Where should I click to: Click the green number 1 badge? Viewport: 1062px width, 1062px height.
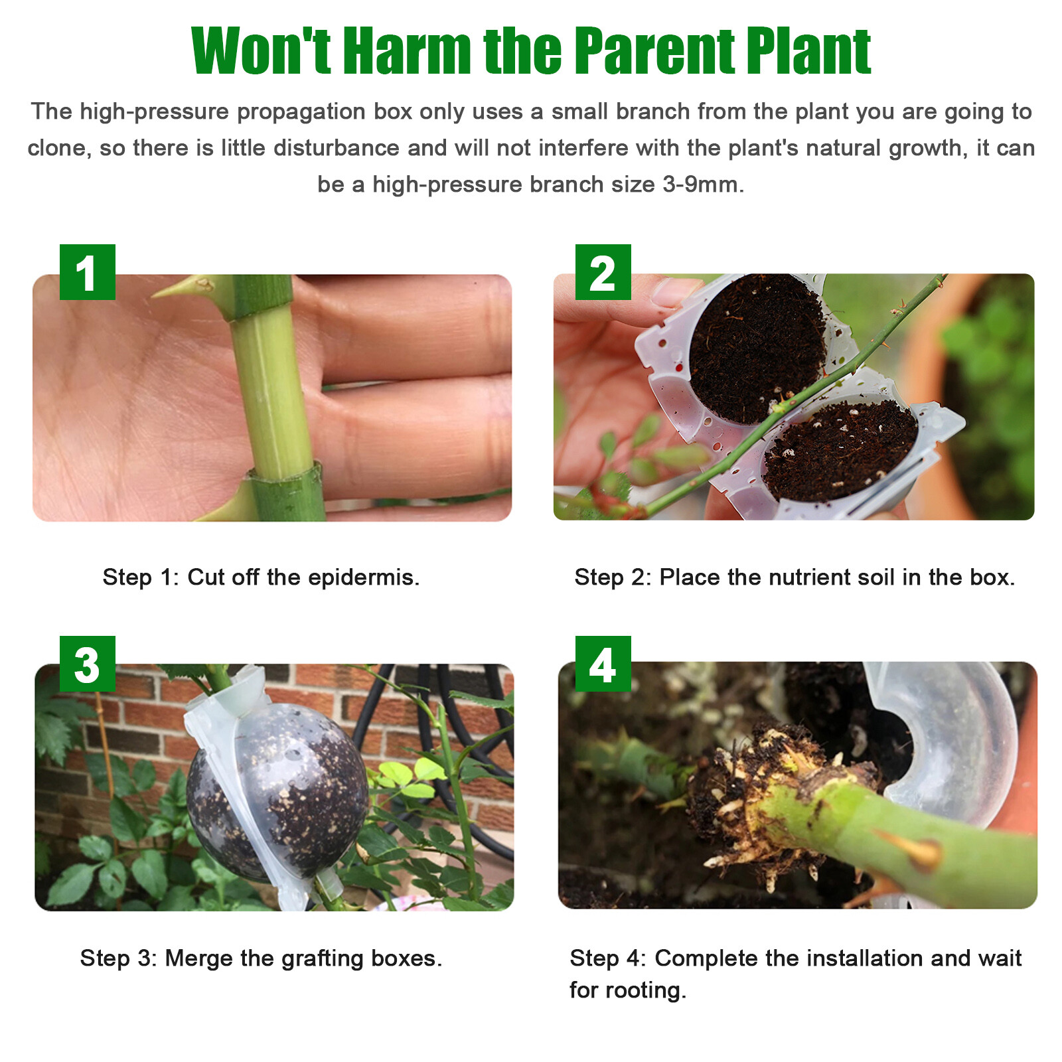point(87,272)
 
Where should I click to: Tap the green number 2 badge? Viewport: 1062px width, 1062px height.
point(603,272)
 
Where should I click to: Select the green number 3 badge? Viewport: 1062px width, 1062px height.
point(87,664)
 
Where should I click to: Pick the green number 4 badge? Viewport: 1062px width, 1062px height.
point(603,664)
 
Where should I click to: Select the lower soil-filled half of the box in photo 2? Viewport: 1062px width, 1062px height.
point(840,451)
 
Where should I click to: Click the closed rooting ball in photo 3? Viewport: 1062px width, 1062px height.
point(279,790)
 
